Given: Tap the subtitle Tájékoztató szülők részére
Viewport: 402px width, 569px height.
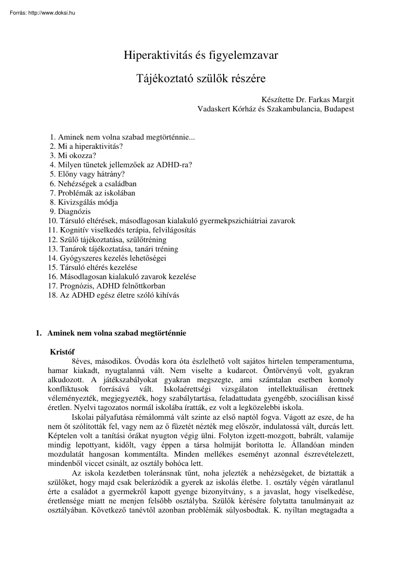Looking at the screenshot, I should tap(201, 78).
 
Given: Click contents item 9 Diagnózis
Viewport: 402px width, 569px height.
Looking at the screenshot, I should tap(74, 212).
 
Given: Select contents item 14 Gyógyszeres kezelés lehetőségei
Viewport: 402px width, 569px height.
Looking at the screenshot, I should tap(115, 258).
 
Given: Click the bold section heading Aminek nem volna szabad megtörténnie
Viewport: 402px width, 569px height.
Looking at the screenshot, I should tap(117, 334).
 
